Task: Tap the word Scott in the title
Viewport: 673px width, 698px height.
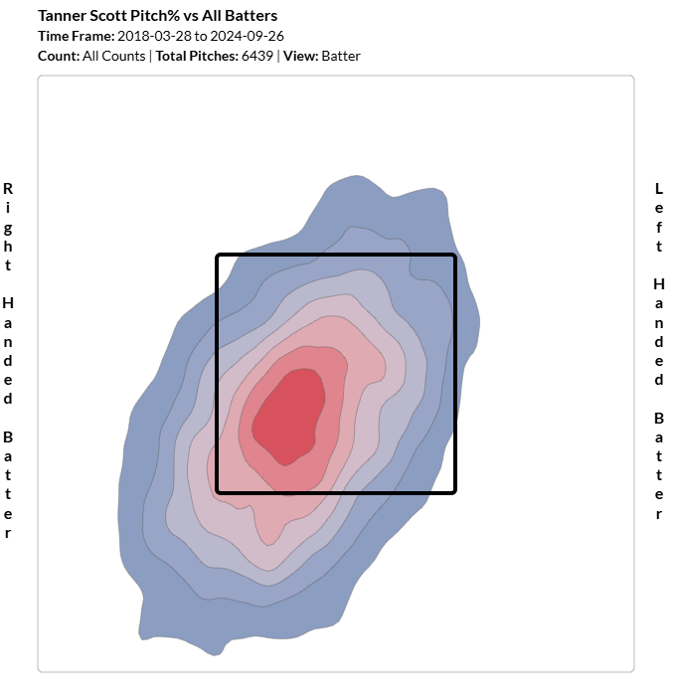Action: (109, 16)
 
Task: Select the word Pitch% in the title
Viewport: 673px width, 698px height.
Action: (157, 16)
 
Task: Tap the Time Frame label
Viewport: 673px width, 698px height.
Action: (76, 36)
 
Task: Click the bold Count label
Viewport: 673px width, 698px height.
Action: (58, 56)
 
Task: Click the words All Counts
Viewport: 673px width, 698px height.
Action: (114, 56)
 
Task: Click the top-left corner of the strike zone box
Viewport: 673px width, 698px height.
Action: (218, 256)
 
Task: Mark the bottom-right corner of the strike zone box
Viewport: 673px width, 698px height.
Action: (454, 491)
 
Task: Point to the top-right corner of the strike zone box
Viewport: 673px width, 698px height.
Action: (454, 256)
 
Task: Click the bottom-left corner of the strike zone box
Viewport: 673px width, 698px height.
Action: (218, 491)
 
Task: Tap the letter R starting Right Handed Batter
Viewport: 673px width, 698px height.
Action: (8, 188)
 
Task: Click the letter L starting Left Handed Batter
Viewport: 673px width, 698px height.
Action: (658, 188)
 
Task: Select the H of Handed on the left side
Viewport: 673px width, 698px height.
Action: (8, 302)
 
